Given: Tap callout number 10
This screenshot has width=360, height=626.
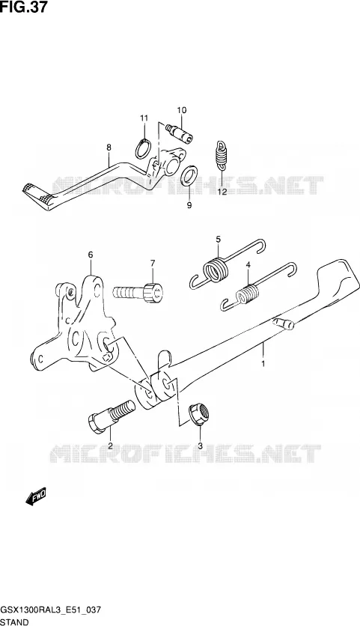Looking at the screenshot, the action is [182, 110].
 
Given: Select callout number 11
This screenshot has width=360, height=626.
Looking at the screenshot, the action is [144, 118].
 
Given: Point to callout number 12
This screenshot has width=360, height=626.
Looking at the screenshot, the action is [222, 192].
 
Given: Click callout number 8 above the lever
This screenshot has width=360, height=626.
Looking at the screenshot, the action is [109, 148].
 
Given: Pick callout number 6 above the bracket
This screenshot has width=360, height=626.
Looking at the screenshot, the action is [91, 255].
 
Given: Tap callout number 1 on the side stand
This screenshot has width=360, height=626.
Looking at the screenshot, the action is [263, 363].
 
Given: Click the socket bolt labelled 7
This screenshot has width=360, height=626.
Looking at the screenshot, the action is [138, 294].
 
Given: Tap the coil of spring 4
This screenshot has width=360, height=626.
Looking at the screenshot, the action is [248, 294].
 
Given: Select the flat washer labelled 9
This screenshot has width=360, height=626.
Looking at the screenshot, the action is [189, 175].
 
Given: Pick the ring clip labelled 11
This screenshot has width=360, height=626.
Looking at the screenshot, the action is [143, 148].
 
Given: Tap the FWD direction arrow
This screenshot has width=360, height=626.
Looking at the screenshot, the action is [36, 496].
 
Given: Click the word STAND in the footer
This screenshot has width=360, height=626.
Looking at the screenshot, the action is [14, 622].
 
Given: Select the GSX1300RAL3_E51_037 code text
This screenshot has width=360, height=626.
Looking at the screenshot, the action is [51, 610].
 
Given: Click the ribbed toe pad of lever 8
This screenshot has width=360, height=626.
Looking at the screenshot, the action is [37, 195].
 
